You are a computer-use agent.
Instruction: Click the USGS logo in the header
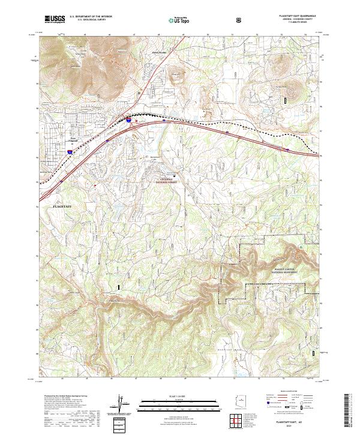pos(55,19)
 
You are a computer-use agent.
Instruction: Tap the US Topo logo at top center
pos(172,19)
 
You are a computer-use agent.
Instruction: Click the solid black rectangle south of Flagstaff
pos(119,287)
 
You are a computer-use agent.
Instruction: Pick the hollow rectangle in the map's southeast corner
pos(311,354)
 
